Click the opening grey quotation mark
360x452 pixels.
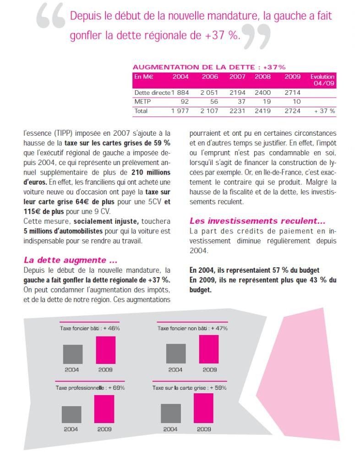[x=51, y=17]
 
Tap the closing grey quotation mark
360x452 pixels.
[x=256, y=37]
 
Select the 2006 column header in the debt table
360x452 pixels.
[x=210, y=77]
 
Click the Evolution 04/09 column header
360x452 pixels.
[x=322, y=80]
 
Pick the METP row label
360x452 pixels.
[x=142, y=101]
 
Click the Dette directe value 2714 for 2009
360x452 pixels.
[x=292, y=93]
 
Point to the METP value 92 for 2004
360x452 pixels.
[x=185, y=101]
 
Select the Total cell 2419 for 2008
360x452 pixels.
[x=262, y=111]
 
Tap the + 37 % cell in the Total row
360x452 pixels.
[x=325, y=111]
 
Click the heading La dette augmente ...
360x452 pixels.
[x=71, y=260]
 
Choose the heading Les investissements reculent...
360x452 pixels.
[x=257, y=221]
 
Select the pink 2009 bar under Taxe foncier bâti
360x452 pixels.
[x=106, y=350]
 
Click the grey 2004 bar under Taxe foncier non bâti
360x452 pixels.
[x=176, y=354]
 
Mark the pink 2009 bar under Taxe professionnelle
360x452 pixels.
[x=104, y=409]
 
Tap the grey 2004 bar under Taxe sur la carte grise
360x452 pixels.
[x=171, y=413]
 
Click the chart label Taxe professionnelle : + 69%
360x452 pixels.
[x=90, y=388]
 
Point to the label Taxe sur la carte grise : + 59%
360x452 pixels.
[x=190, y=388]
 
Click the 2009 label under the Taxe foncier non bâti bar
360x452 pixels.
[x=210, y=369]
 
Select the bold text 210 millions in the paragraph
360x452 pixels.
[x=151, y=172]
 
